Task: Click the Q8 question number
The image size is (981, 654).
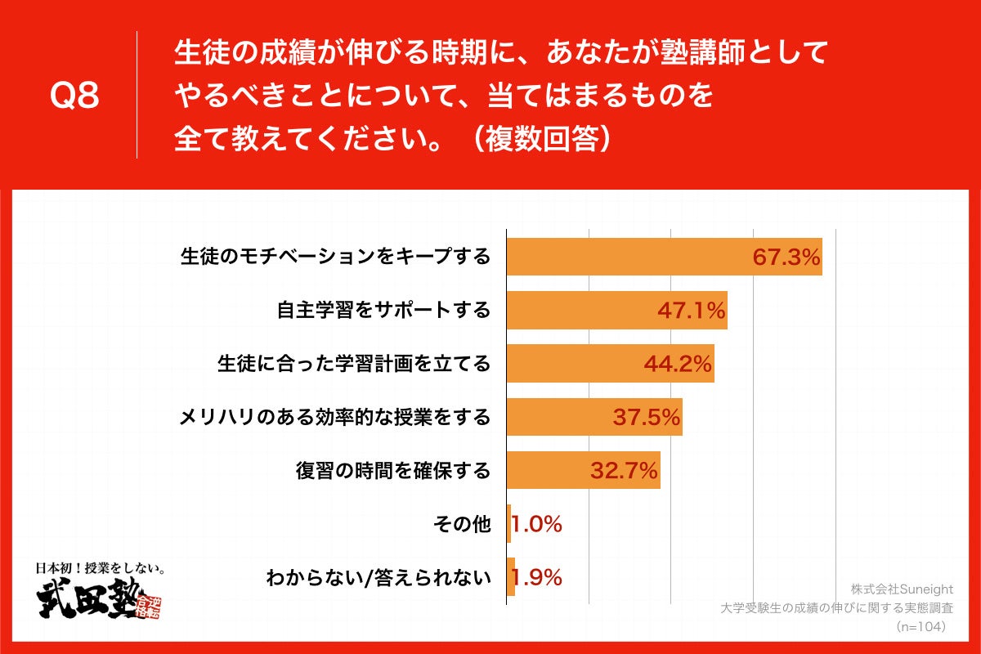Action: pyautogui.click(x=74, y=96)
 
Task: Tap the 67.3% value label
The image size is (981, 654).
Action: pyautogui.click(x=786, y=258)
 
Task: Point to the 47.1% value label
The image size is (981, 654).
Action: pyautogui.click(x=692, y=311)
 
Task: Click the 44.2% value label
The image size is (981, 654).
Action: pyautogui.click(x=678, y=365)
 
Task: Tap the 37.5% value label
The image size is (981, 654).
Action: pyautogui.click(x=647, y=419)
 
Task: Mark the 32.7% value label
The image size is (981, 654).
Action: pyautogui.click(x=625, y=472)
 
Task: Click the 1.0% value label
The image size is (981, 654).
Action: pyautogui.click(x=537, y=525)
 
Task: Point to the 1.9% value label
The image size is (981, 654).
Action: pyautogui.click(x=537, y=578)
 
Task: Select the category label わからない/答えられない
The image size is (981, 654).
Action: pyautogui.click(x=379, y=579)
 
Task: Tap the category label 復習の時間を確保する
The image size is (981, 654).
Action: pyautogui.click(x=393, y=472)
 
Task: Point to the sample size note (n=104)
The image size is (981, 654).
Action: pyautogui.click(x=921, y=627)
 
